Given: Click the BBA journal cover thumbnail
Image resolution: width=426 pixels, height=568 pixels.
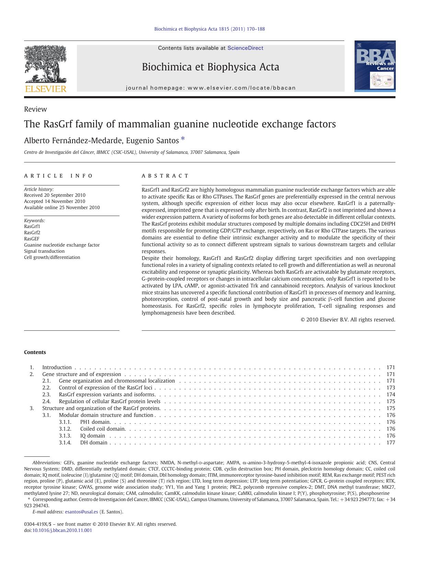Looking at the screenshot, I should (375, 66).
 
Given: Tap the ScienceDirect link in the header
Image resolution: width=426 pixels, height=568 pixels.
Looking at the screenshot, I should (245, 48).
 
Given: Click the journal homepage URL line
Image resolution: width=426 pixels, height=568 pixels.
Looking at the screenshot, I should (210, 88).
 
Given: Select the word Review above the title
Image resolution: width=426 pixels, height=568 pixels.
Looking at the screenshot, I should (35, 109).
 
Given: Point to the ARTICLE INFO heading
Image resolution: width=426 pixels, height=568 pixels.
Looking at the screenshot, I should (58, 176).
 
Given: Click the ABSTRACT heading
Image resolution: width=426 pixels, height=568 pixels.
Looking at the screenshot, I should (165, 176).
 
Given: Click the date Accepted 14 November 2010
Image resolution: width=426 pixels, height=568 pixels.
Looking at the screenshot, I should (55, 201).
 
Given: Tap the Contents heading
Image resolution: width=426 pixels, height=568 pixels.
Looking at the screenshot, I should (35, 352).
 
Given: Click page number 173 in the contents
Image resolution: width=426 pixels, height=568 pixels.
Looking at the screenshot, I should (391, 388).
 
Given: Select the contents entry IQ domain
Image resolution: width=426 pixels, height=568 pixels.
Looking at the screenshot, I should (92, 436).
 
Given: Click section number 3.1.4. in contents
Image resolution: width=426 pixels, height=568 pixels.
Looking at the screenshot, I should (65, 443).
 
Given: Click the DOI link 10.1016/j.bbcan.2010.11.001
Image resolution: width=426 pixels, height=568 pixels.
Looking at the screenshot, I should (62, 530).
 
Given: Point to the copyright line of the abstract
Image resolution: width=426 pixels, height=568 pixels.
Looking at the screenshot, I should (348, 320).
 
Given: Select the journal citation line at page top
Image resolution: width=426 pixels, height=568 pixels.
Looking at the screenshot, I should (209, 29).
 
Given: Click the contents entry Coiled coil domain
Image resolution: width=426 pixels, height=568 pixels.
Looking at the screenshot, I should (103, 429).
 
